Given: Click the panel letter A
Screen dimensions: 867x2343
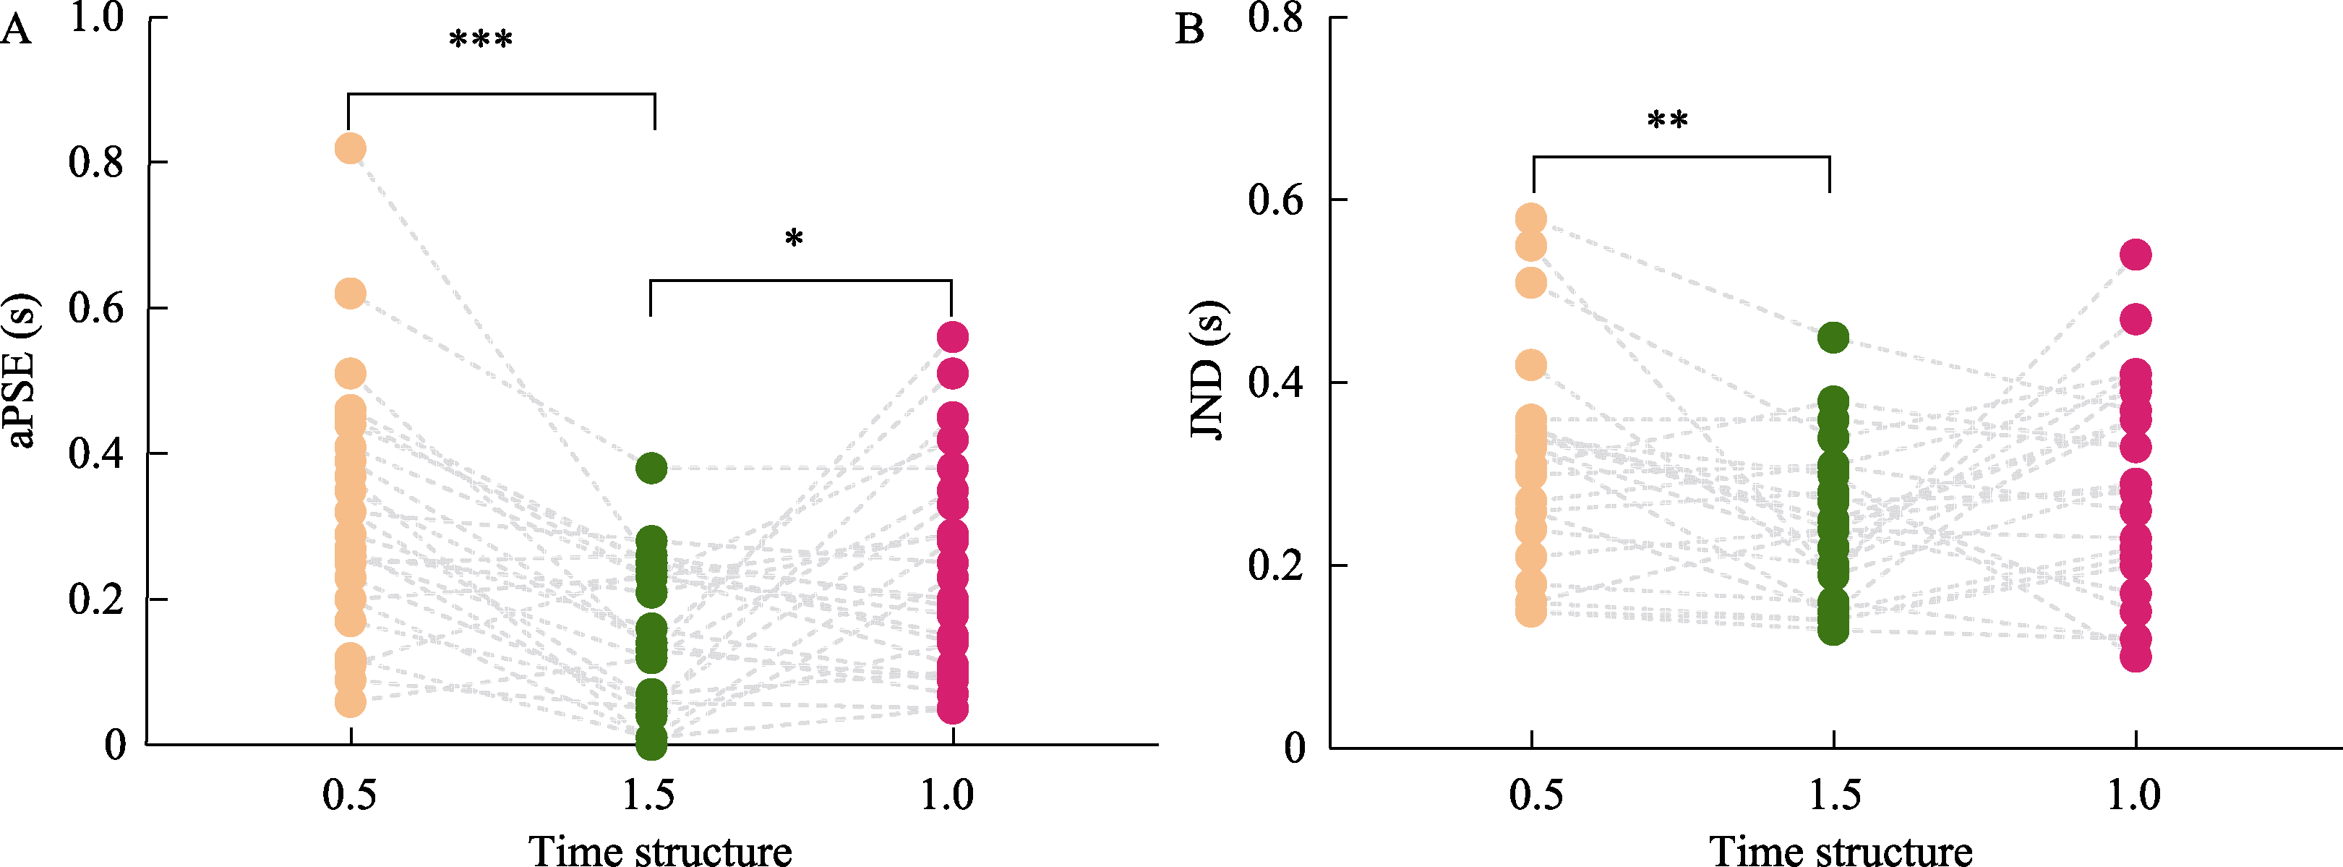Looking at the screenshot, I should [x=17, y=30].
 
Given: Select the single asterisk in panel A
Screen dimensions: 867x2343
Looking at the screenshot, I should [x=794, y=240].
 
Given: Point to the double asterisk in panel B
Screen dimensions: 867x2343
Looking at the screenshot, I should [x=1667, y=121].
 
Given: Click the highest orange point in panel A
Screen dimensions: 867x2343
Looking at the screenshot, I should [x=350, y=148].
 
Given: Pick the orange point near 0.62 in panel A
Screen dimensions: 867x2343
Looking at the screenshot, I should [x=350, y=294].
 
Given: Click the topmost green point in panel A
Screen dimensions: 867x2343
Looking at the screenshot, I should [x=651, y=469].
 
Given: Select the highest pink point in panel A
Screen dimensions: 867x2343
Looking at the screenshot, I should [x=952, y=338].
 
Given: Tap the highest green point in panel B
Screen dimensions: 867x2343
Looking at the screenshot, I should [x=1833, y=338].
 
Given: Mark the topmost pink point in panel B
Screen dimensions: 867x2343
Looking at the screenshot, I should [x=2136, y=255].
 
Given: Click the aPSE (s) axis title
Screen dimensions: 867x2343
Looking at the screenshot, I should [x=22, y=371].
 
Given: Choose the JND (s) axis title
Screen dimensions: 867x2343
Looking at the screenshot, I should [x=1208, y=370].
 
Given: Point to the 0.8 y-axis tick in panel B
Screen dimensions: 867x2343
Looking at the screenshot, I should [x=1275, y=18].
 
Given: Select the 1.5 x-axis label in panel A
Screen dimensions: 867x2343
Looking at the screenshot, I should [x=649, y=795].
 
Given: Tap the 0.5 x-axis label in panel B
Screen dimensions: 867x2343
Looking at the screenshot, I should [x=1535, y=795].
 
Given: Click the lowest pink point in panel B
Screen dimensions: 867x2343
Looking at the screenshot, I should [x=2136, y=656].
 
